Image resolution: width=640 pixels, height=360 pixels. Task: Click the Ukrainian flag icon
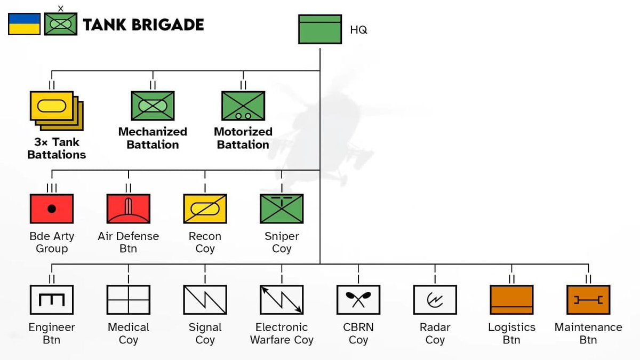24,25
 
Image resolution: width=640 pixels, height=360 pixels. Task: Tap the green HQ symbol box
319,29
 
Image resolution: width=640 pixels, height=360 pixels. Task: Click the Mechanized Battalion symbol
153,106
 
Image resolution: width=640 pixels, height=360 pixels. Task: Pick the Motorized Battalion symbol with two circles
243,106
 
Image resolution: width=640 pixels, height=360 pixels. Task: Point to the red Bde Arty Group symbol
52,209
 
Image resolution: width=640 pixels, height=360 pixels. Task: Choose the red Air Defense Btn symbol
128,209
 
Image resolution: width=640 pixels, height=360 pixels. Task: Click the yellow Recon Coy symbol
205,209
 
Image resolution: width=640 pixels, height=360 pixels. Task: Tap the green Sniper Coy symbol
282,209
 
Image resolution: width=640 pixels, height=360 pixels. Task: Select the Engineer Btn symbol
52,300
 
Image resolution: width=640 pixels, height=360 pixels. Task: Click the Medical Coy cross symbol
128,300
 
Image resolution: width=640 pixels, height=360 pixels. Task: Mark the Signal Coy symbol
205,300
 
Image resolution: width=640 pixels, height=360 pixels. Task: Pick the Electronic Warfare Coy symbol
282,300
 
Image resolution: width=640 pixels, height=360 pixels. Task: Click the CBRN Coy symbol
358,300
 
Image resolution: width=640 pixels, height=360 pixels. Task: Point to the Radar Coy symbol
435,300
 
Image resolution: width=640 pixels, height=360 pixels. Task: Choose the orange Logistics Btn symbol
511,300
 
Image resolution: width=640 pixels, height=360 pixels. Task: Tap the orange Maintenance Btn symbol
588,300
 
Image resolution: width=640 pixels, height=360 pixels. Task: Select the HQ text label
358,30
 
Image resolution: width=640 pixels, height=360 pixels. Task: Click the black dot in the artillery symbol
52,209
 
